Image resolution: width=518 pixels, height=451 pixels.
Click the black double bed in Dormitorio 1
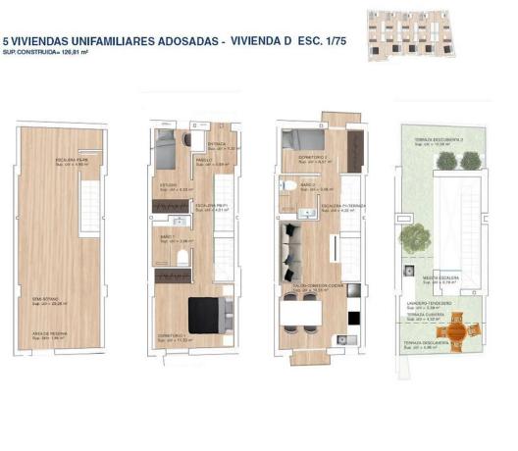(206, 312)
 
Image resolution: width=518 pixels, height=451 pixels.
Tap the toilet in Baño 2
(284, 183)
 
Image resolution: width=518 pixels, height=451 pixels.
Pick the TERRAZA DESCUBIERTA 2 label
(438, 139)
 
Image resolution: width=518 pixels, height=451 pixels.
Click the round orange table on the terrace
(455, 332)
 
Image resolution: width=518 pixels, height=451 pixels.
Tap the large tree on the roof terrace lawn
(416, 235)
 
